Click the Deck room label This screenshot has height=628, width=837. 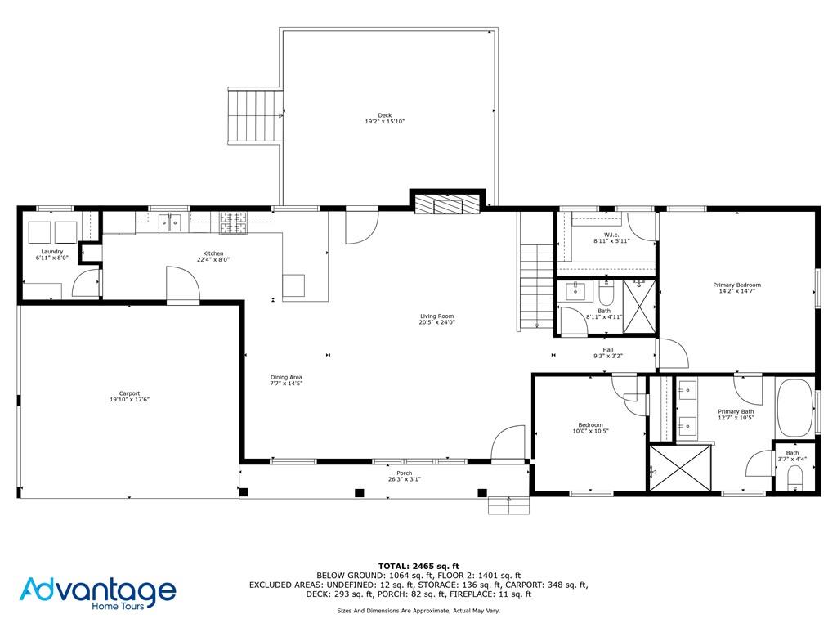click(384, 115)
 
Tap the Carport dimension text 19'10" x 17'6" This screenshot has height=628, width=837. click(129, 399)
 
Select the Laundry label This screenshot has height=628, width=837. click(52, 251)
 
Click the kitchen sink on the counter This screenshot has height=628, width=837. click(173, 220)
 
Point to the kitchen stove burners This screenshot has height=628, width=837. click(233, 219)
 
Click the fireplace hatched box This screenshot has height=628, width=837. click(446, 203)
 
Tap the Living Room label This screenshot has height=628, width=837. click(436, 316)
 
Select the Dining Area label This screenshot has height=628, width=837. click(286, 377)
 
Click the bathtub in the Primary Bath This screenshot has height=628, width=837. click(794, 407)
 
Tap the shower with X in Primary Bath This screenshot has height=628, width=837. click(680, 468)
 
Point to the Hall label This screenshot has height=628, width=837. click(607, 349)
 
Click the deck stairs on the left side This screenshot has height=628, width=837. click(254, 117)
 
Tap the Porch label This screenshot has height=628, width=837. click(405, 473)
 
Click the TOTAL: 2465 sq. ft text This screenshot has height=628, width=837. click(418, 566)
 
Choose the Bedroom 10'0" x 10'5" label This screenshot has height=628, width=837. click(590, 424)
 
